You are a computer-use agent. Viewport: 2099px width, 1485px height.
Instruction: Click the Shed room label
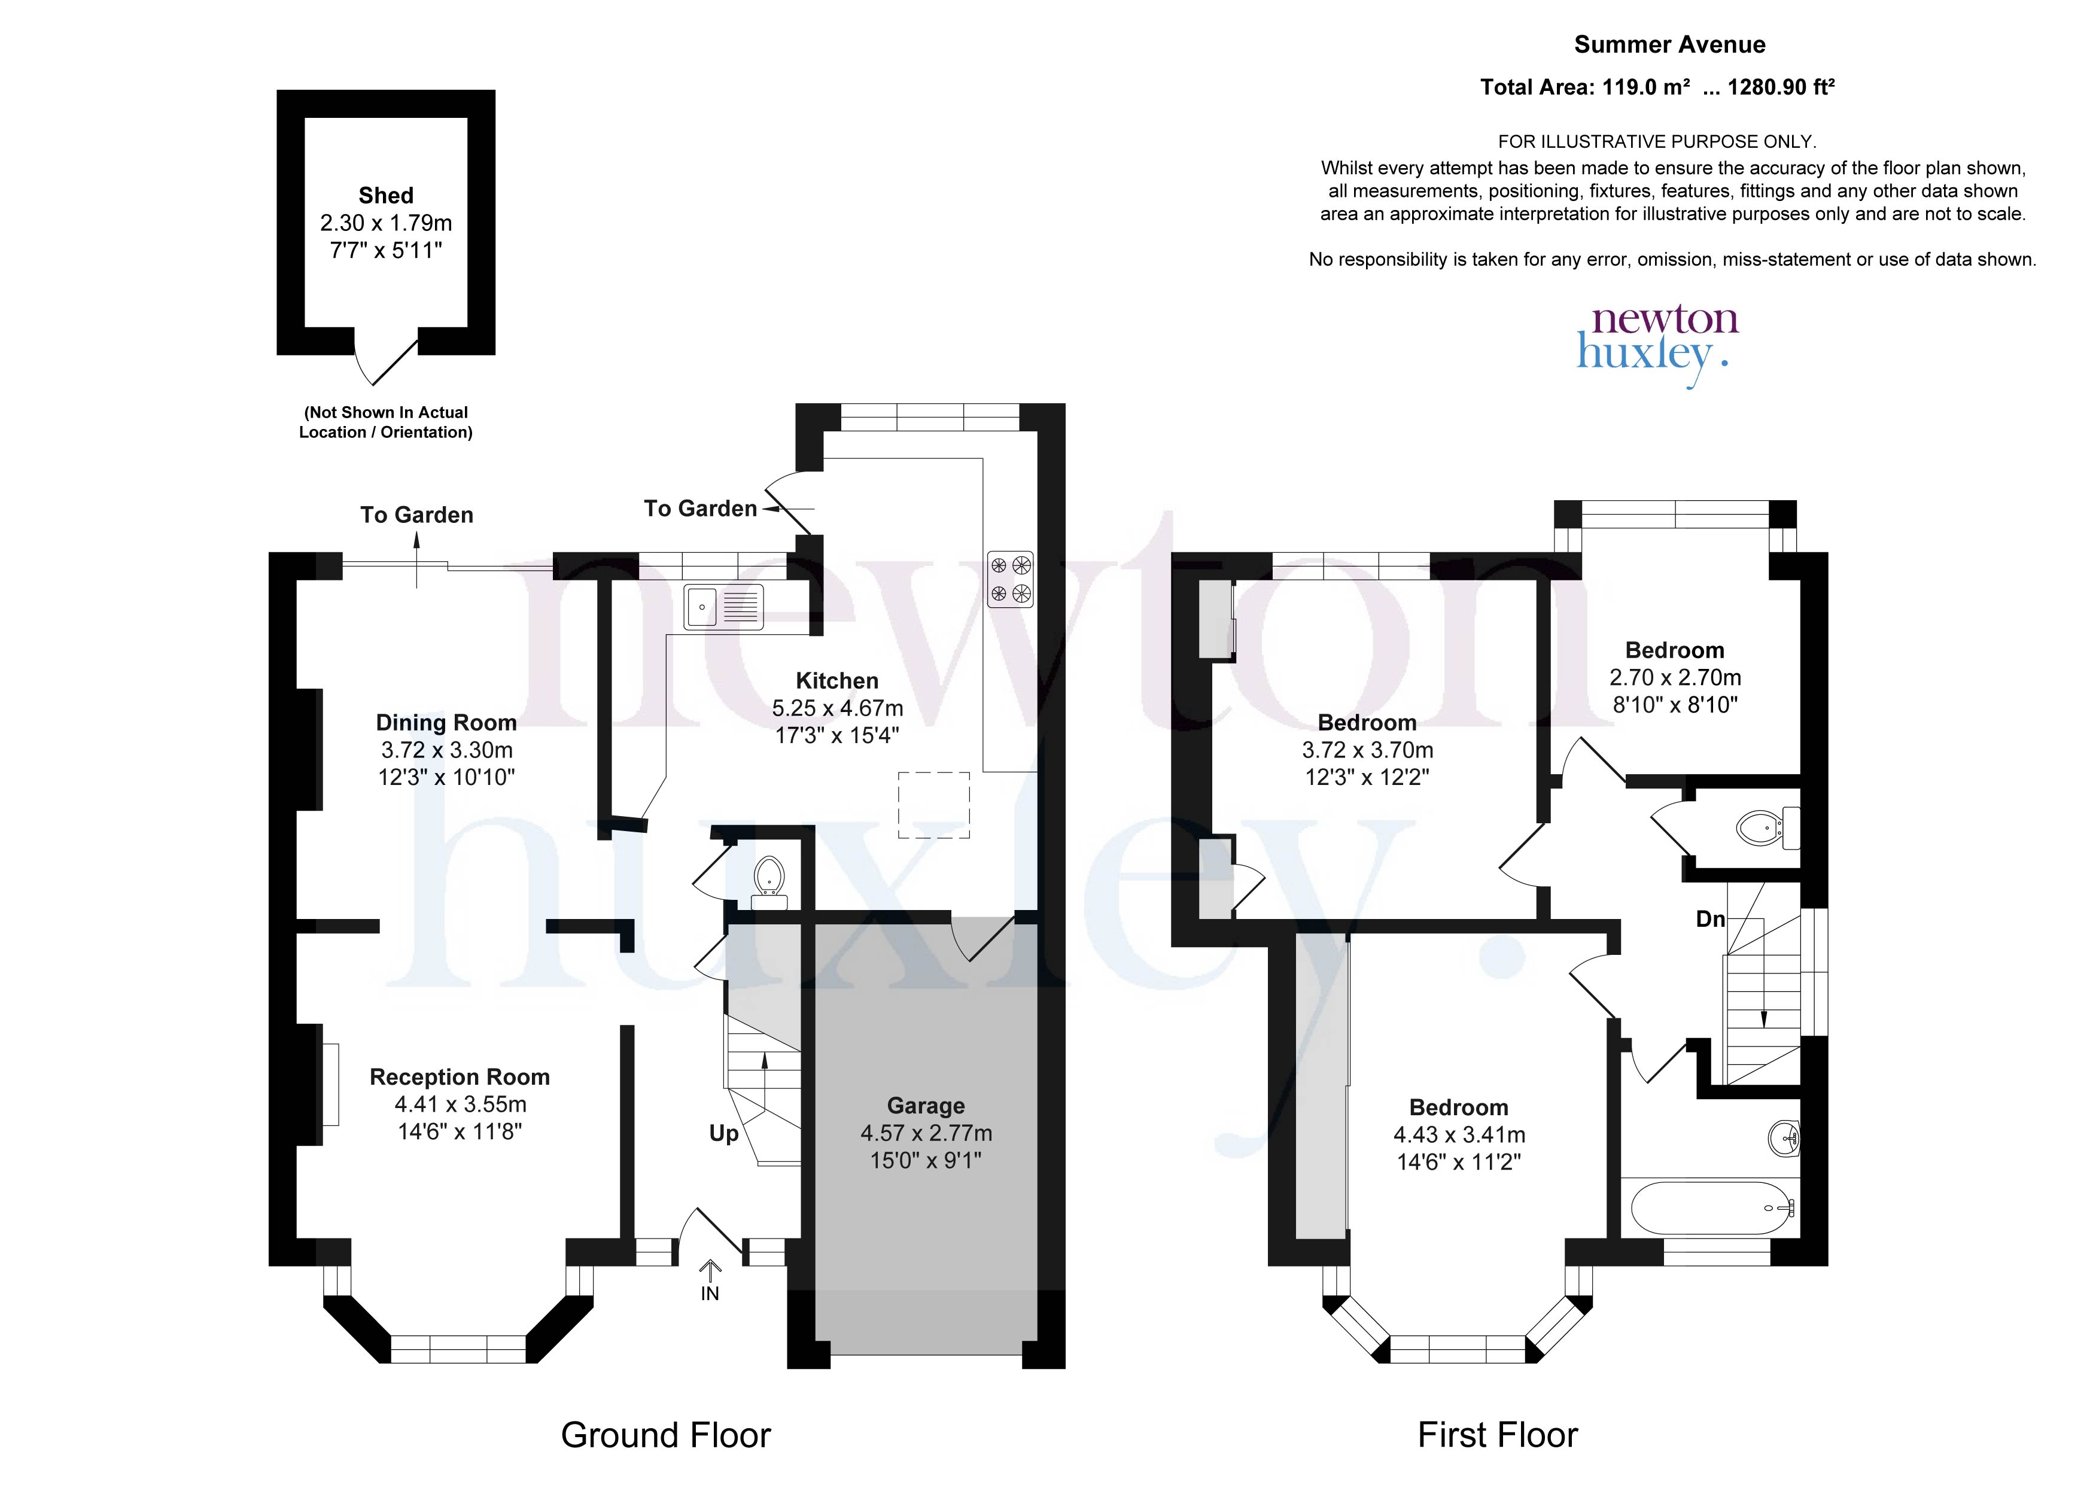[386, 196]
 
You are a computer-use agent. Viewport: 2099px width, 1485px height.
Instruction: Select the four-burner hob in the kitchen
[1010, 580]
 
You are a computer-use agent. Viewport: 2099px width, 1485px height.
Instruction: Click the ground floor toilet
[769, 881]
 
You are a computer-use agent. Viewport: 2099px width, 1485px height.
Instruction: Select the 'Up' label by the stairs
[724, 1134]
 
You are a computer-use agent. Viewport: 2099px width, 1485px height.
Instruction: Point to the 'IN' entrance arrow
[710, 1280]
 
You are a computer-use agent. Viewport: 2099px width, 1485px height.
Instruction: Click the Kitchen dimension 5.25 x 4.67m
[838, 708]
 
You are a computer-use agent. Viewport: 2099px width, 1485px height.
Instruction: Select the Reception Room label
[460, 1077]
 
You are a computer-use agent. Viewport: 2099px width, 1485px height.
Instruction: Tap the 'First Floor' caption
[1498, 1435]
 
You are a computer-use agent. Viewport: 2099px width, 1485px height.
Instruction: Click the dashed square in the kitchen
[933, 805]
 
